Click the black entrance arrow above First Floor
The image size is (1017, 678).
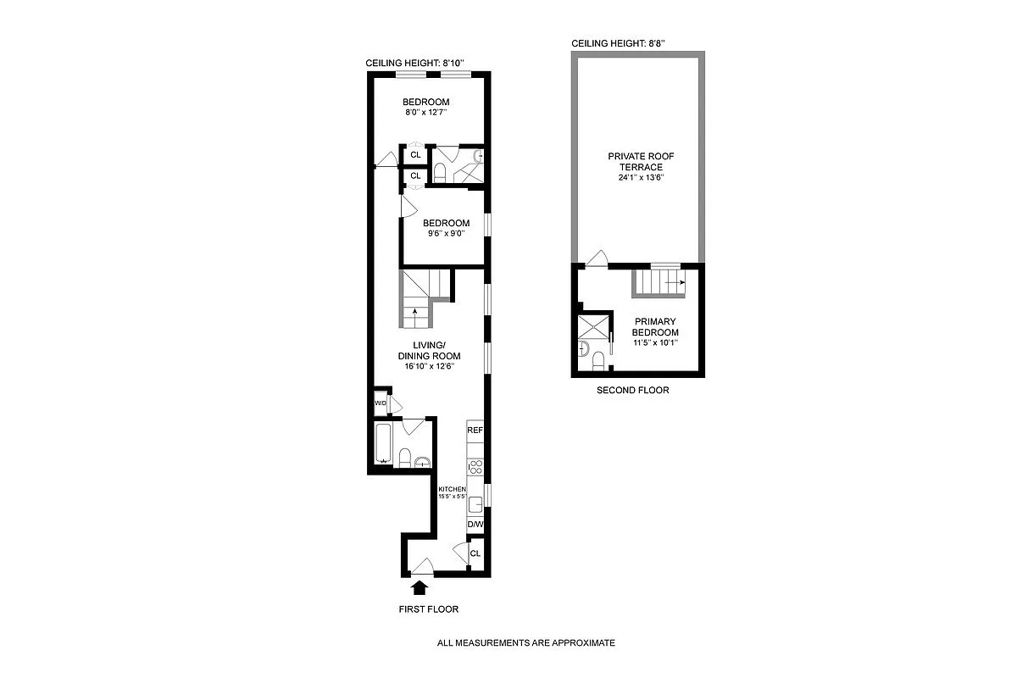(x=418, y=586)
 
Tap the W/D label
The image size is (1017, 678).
(x=381, y=405)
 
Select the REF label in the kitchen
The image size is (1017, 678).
(x=475, y=431)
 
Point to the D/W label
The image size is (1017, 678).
(x=475, y=525)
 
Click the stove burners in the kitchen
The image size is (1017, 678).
(x=475, y=466)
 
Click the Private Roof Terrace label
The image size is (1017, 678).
(x=635, y=162)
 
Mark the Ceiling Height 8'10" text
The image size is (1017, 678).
(x=414, y=64)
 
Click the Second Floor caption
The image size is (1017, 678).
(x=632, y=391)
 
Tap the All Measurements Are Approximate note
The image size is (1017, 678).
(x=525, y=643)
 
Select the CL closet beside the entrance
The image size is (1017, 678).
(x=475, y=553)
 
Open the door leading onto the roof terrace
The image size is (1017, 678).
(x=597, y=259)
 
